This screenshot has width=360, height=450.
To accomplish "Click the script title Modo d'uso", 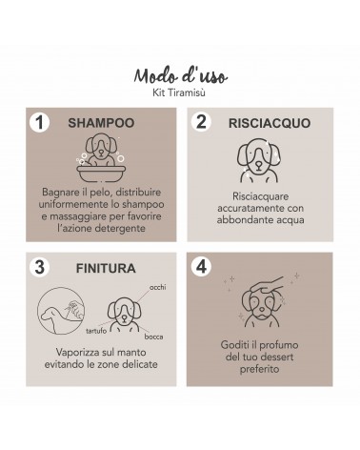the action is (x=180, y=76).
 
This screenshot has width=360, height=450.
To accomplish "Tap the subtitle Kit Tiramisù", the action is (x=179, y=92).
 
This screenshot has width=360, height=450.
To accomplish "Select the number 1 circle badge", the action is (x=40, y=122).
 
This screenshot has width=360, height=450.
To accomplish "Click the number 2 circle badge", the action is (x=201, y=121).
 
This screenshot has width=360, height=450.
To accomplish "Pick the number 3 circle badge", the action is (x=40, y=267).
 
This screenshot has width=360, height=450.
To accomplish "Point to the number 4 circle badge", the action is (x=201, y=266).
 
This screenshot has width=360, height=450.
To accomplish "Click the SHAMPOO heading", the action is (x=101, y=123).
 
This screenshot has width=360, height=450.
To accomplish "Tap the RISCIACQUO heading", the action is (x=270, y=123).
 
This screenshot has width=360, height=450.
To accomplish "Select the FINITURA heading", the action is (x=106, y=269).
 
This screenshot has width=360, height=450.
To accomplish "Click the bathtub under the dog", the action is (x=101, y=174).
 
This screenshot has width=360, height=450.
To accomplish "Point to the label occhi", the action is (x=157, y=287).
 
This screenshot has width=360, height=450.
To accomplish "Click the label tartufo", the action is (x=96, y=331).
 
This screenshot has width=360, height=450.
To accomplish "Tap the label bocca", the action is (x=153, y=337).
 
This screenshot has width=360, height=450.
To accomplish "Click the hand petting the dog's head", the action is (x=267, y=285).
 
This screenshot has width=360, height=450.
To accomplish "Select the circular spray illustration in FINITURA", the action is (x=61, y=311).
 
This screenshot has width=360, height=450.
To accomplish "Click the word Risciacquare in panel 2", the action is (x=260, y=196).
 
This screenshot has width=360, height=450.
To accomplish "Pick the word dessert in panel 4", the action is (x=276, y=357).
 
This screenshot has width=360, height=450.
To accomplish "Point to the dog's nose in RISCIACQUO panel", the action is (x=259, y=165).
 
